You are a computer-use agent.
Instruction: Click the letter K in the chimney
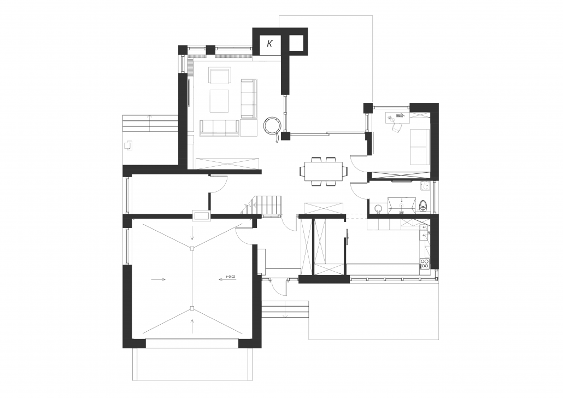[x=269, y=44]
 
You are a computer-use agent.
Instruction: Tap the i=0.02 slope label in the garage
[x=230, y=277]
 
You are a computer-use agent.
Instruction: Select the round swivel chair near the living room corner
[x=272, y=126]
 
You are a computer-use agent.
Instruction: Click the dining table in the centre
[x=322, y=171]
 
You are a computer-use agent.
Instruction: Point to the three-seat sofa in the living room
[x=219, y=127]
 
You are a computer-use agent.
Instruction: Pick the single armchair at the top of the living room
[x=220, y=76]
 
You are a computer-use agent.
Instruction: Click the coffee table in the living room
[x=220, y=100]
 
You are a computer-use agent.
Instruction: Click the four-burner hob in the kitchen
[x=425, y=264]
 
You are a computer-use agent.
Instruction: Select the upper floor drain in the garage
[x=192, y=248]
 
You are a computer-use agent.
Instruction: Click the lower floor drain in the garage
[x=192, y=308]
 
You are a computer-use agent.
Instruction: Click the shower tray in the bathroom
[x=402, y=204]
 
